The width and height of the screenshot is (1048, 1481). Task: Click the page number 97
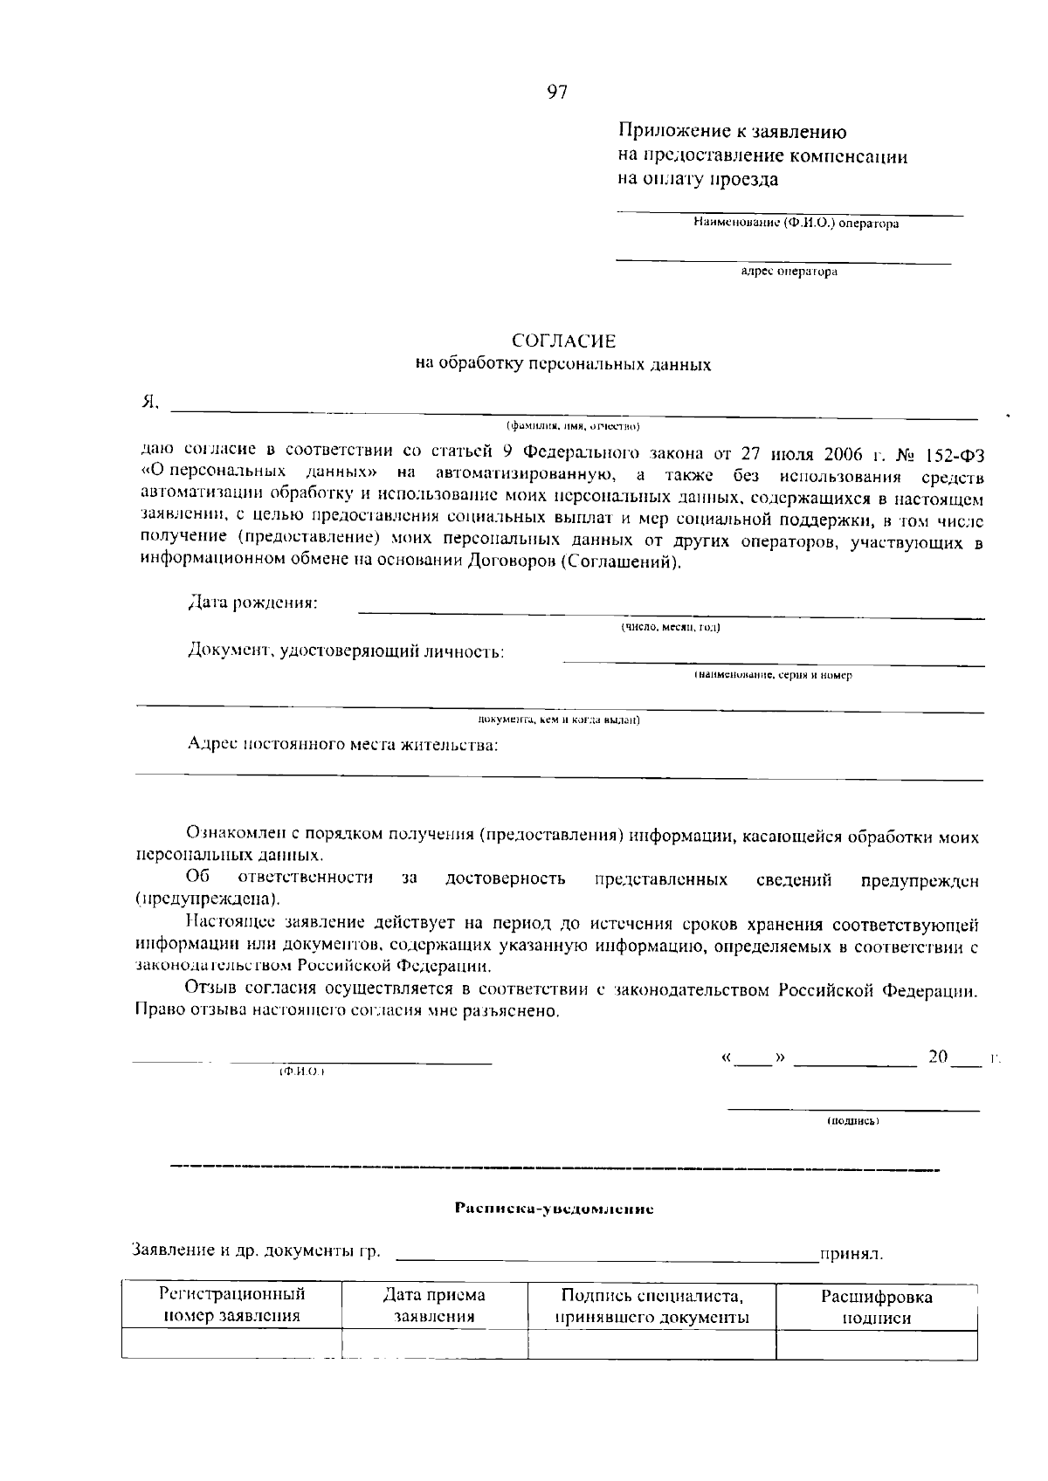click(x=557, y=93)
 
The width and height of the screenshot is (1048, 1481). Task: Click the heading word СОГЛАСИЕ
click(x=563, y=341)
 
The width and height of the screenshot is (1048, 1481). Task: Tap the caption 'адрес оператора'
click(x=789, y=272)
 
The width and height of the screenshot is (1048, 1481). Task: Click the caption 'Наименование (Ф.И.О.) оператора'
click(x=796, y=224)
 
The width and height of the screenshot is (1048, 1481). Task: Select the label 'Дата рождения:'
click(x=253, y=603)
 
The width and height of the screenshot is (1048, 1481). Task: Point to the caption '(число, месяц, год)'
click(x=670, y=627)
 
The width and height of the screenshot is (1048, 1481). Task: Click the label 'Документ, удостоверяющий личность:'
click(x=346, y=651)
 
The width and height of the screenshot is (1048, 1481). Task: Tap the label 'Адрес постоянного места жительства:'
click(x=343, y=745)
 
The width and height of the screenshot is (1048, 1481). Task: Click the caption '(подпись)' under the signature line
click(x=852, y=1120)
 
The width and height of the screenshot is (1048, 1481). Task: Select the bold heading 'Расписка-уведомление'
click(x=554, y=1209)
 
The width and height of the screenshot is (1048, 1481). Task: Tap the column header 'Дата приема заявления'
click(x=434, y=1306)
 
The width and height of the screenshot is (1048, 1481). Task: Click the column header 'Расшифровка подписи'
click(x=876, y=1307)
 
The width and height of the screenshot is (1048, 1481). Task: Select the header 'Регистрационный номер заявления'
click(x=231, y=1305)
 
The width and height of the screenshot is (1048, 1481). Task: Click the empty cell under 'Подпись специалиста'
click(x=652, y=1344)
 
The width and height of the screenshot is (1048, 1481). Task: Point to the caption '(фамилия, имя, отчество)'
click(x=574, y=427)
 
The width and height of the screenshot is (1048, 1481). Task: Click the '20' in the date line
click(x=938, y=1057)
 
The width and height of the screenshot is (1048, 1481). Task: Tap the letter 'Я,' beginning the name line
click(x=150, y=403)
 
